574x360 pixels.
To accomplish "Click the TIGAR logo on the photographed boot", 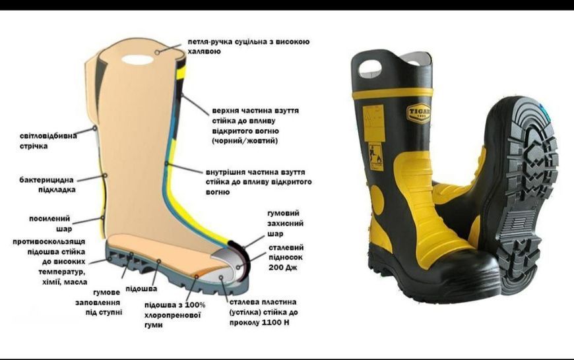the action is click(419, 113).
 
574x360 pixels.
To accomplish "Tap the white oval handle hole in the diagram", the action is click(137, 59).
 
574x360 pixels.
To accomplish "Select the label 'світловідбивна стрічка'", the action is click(48, 141).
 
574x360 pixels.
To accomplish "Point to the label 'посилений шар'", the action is click(50, 224).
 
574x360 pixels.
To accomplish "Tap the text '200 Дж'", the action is click(282, 268).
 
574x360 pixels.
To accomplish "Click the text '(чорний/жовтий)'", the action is click(245, 141).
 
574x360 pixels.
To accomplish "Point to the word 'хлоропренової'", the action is click(173, 315).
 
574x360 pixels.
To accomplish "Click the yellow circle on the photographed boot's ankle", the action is click(377, 200).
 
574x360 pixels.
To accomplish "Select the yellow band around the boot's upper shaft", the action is click(392, 93).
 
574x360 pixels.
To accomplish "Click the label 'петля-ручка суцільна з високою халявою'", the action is click(249, 46).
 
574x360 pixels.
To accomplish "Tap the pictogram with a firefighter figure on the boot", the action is click(375, 156).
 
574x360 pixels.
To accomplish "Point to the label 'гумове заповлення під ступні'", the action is click(98, 302).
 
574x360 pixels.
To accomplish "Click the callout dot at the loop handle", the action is click(157, 52).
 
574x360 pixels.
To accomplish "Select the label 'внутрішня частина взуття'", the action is click(255, 172).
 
